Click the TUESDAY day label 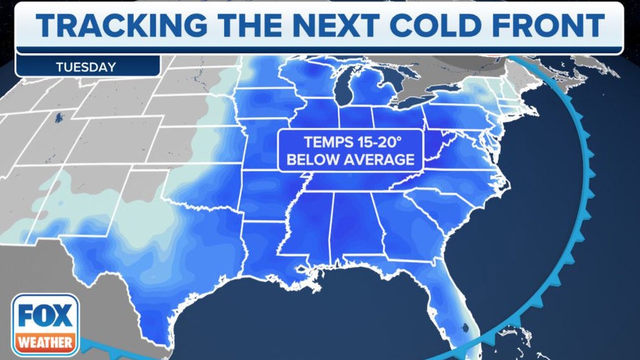(x=85, y=67)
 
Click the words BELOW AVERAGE (x=350, y=160)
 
